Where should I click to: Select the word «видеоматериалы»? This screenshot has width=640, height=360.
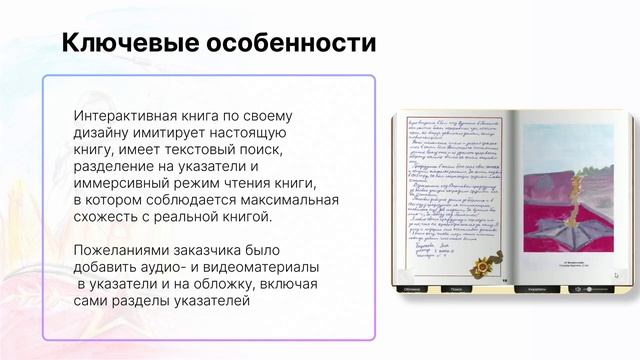tap(259, 268)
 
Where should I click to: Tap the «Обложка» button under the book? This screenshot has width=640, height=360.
tap(412, 289)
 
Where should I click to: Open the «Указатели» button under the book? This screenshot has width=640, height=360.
tap(537, 289)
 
